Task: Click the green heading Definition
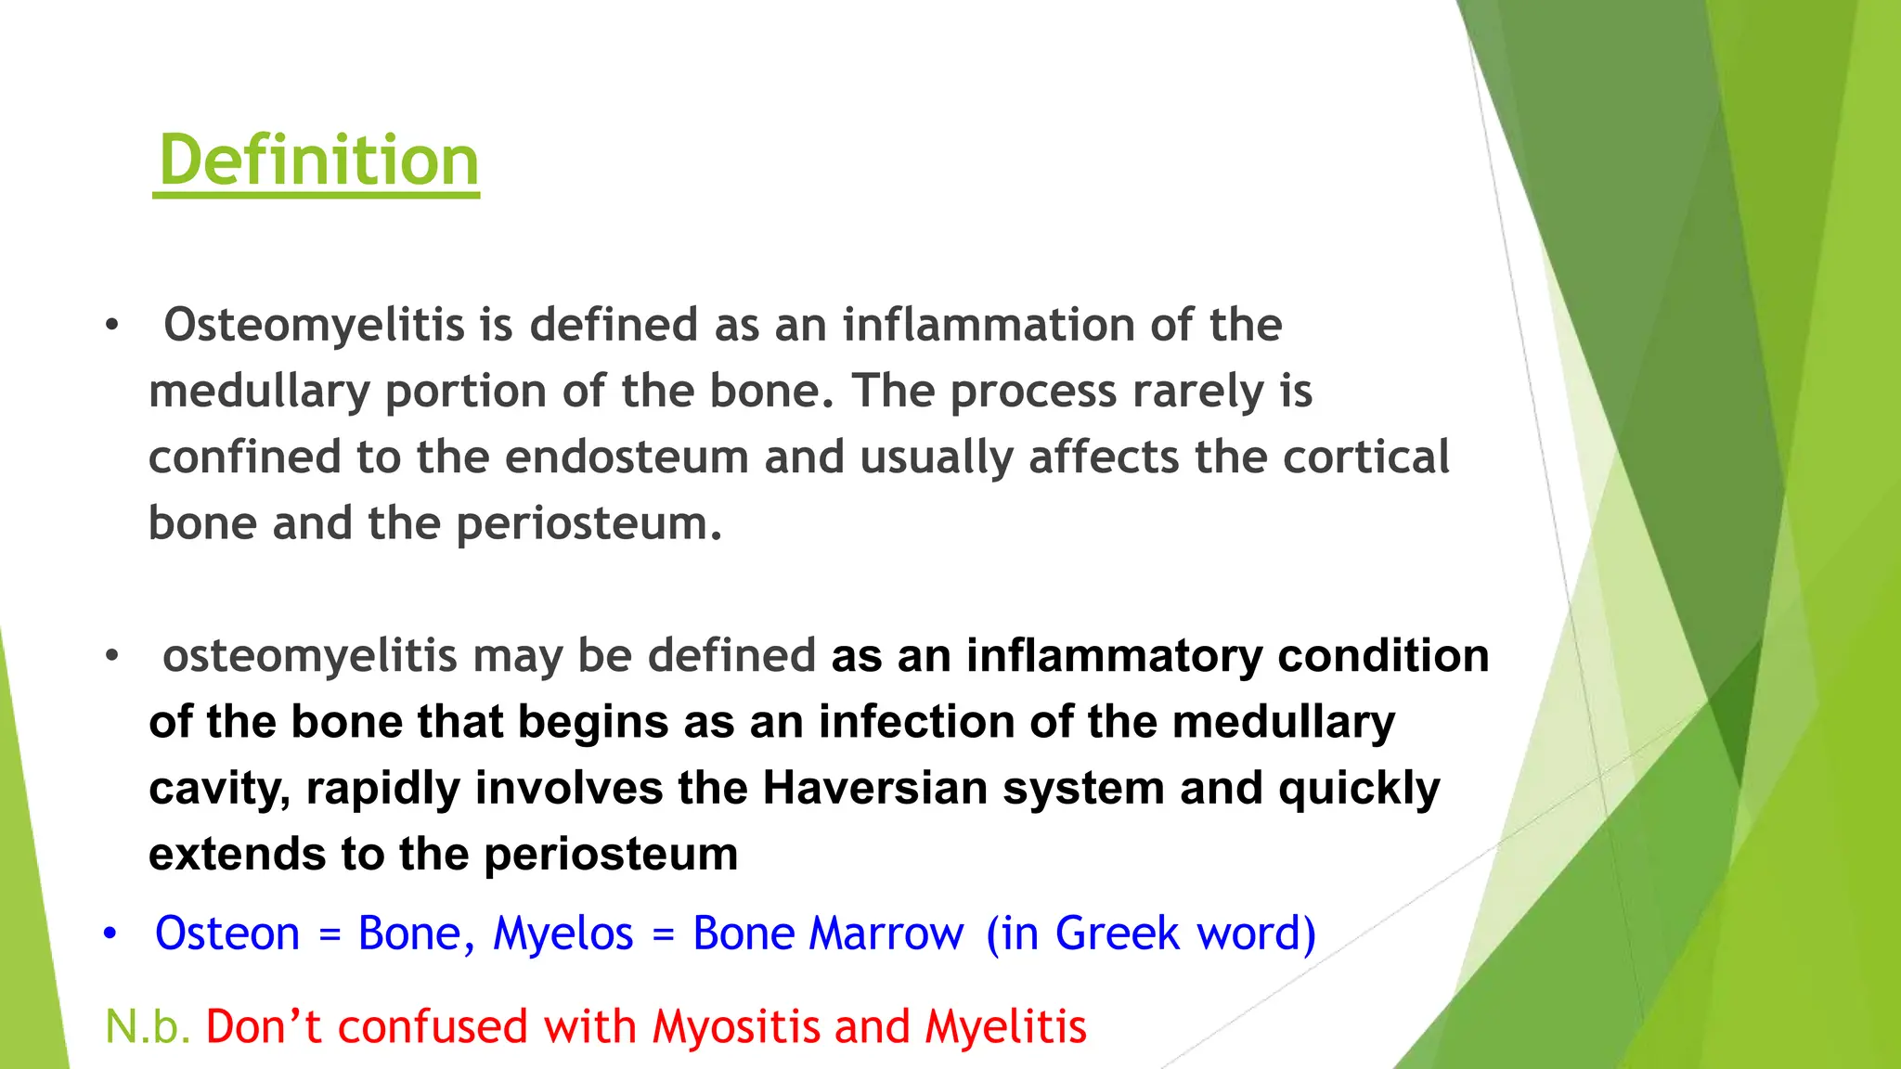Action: pos(318,161)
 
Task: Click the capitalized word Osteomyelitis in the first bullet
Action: pos(314,326)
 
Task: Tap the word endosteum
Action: pos(627,457)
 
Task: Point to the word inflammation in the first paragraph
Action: pos(989,326)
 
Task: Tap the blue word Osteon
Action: pos(227,934)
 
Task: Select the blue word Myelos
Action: pos(563,934)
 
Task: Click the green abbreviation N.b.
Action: pos(148,1027)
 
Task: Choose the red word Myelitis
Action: pos(1005,1027)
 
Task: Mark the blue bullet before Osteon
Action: pos(110,934)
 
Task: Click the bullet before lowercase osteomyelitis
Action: pos(112,656)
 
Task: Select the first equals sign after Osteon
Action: pos(330,935)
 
